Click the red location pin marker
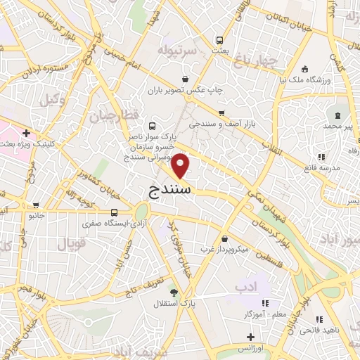coord(181,165)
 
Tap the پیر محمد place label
coord(337,124)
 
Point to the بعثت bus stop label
coord(221,51)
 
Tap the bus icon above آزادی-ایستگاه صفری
coord(115,211)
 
